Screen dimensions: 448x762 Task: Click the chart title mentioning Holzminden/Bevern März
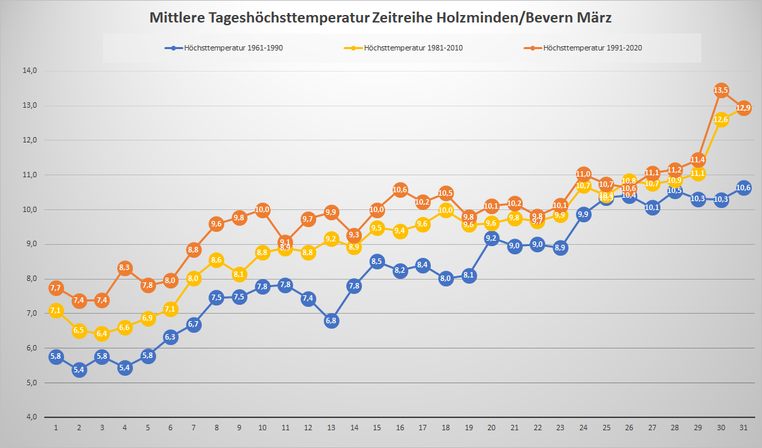tap(380, 18)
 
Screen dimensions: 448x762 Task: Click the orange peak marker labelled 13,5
tap(721, 90)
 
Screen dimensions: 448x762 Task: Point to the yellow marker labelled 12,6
tap(721, 120)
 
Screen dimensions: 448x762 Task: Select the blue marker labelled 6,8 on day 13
tap(331, 320)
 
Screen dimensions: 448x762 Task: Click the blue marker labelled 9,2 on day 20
tap(491, 238)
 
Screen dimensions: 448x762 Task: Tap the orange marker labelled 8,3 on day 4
tap(125, 268)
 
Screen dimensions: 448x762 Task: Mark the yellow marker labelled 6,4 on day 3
tap(102, 333)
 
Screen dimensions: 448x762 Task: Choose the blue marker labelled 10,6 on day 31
tap(744, 188)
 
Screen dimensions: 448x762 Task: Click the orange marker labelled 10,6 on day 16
tap(400, 190)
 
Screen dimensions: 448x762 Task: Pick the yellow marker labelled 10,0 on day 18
tap(446, 211)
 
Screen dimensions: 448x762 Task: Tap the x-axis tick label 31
tap(744, 428)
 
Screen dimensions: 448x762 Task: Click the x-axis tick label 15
tap(377, 428)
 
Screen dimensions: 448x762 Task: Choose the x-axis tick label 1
tap(56, 428)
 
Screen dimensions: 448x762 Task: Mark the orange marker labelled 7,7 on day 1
tap(56, 288)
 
